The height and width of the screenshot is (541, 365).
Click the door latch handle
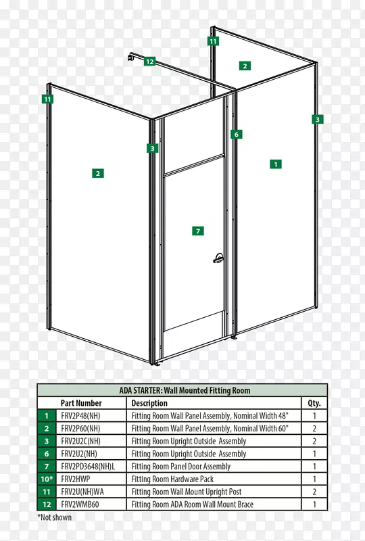pyautogui.click(x=218, y=258)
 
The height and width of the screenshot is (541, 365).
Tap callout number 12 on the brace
pyautogui.click(x=149, y=62)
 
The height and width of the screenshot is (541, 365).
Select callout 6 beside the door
pyautogui.click(x=237, y=134)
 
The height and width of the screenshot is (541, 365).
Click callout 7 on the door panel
pyautogui.click(x=198, y=231)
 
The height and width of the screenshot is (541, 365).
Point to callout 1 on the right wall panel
pyautogui.click(x=276, y=164)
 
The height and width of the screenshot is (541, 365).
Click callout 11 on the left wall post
pyautogui.click(x=47, y=99)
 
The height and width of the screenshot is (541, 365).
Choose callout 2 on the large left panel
pyautogui.click(x=98, y=173)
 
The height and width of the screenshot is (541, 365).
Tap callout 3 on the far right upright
pyautogui.click(x=318, y=120)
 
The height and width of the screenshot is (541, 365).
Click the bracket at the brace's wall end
pyautogui.click(x=130, y=57)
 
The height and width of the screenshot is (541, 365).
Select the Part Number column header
pyautogui.click(x=81, y=403)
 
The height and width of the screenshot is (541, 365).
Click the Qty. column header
pyautogui.click(x=314, y=403)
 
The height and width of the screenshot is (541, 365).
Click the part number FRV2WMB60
pyautogui.click(x=80, y=504)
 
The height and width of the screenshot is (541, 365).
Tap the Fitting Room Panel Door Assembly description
pyautogui.click(x=180, y=467)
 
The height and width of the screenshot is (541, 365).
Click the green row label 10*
pyautogui.click(x=47, y=479)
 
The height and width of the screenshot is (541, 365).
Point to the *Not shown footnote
pyautogui.click(x=55, y=517)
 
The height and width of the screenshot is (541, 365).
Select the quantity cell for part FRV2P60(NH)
pyautogui.click(x=314, y=428)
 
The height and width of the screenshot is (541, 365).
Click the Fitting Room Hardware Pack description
pyautogui.click(x=172, y=479)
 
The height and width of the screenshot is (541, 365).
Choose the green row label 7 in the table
pyautogui.click(x=47, y=467)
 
